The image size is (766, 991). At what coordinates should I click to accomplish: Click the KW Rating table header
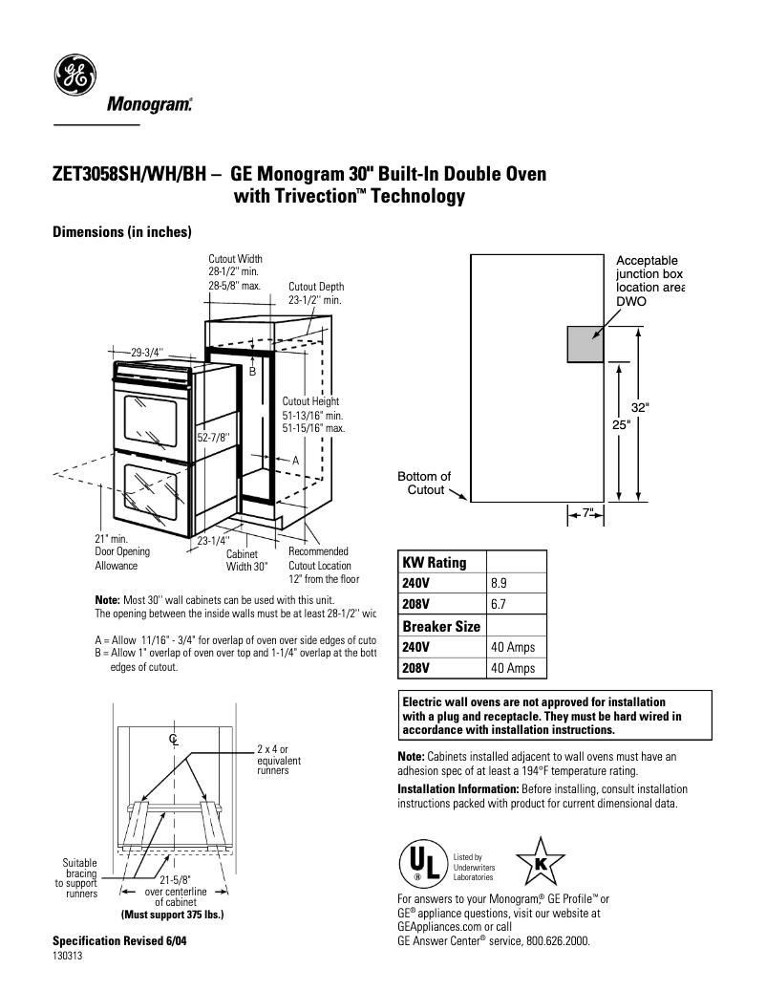coord(435,562)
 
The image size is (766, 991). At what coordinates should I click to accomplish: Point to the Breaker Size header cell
coord(441,626)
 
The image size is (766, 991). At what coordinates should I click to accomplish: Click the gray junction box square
coord(585,344)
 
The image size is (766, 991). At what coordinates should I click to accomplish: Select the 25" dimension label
coord(621,425)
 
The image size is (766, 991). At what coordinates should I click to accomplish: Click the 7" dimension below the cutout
coord(588,514)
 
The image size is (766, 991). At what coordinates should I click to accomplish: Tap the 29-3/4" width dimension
coord(148,353)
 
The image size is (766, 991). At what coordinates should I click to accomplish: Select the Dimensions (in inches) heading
coord(122,232)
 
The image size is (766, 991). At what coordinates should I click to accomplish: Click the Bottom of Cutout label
coord(423,484)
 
